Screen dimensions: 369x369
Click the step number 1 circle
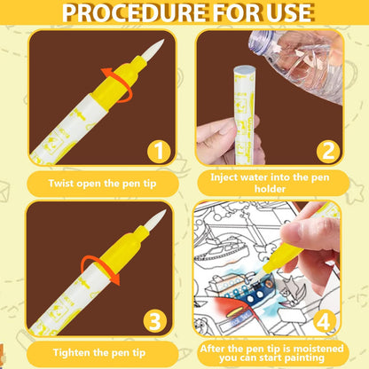point(159,151)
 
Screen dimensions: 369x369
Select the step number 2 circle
point(328,151)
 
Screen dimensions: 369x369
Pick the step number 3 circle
point(155,321)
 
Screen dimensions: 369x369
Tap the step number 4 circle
point(324,321)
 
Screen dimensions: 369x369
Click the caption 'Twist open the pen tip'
point(102,184)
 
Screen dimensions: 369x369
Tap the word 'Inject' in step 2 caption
point(224,177)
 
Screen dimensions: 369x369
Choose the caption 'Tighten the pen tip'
point(99,352)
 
